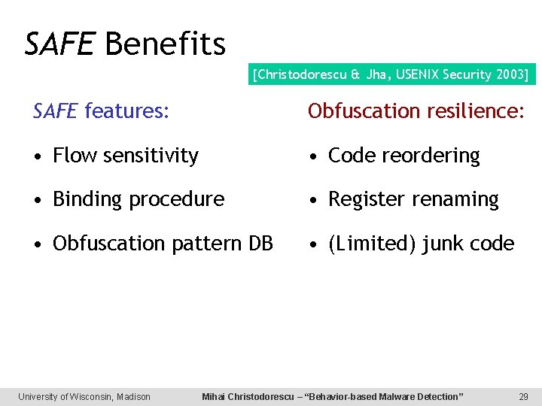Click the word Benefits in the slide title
pyautogui.click(x=166, y=44)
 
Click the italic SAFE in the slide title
pyautogui.click(x=59, y=44)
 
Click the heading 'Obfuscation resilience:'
pyautogui.click(x=416, y=111)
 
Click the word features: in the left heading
pyautogui.click(x=126, y=111)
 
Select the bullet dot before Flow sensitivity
pyautogui.click(x=38, y=156)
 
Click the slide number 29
pyautogui.click(x=523, y=396)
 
